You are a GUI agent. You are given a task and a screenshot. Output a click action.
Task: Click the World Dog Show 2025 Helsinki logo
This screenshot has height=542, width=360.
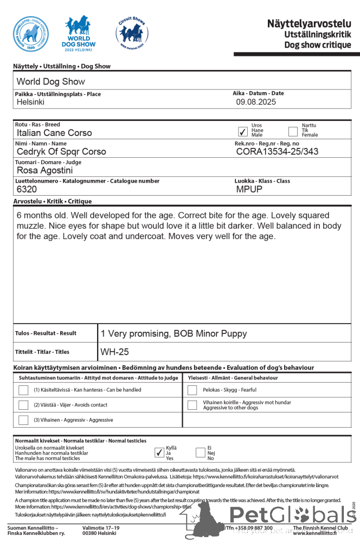(79, 34)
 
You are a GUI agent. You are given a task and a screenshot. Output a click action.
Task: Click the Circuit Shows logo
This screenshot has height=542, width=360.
(131, 33)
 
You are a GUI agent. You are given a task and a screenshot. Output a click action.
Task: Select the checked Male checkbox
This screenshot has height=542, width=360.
(243, 131)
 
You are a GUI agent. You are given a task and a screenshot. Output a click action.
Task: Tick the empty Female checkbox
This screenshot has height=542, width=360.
(293, 131)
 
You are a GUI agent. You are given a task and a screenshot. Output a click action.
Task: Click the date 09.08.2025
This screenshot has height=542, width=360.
(256, 102)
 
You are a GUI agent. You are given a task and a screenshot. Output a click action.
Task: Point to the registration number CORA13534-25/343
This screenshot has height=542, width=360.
(277, 152)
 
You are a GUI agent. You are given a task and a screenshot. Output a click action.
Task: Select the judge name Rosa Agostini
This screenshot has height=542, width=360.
(49, 171)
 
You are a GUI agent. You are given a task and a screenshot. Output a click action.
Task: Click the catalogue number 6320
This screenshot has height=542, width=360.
(27, 190)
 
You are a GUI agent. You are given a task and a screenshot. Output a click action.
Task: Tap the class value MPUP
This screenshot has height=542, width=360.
(249, 190)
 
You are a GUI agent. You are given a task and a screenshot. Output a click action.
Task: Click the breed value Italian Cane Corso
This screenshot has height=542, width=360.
(54, 133)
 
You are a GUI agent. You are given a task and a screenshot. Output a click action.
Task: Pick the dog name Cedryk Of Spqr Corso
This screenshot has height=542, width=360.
(61, 152)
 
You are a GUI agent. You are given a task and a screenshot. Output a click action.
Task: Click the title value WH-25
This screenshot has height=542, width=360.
(115, 352)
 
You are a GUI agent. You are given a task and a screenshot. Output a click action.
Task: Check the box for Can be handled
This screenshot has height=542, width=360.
(23, 390)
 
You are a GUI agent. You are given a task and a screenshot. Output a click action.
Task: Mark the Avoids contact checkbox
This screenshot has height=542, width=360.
(23, 405)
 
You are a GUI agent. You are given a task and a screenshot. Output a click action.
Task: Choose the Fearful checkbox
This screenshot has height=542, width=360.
(192, 390)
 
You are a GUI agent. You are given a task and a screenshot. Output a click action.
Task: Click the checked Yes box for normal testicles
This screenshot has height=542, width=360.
(159, 453)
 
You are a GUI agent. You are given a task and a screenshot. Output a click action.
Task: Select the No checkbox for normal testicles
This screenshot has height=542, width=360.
(201, 453)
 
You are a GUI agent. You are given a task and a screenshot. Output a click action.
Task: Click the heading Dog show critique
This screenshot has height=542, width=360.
(318, 45)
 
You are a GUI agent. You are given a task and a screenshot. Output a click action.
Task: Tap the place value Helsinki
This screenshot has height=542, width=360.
(31, 102)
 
